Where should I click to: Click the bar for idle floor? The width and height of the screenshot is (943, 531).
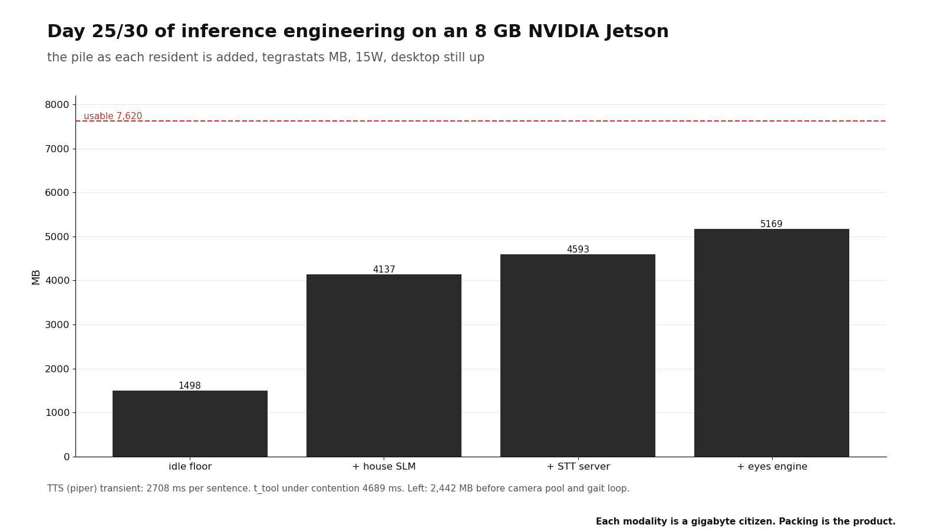(x=190, y=424)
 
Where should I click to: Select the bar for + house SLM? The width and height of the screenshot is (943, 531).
(x=384, y=365)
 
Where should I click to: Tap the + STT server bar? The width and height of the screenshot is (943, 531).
(x=578, y=355)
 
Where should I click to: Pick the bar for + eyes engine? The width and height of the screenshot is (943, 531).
(x=771, y=343)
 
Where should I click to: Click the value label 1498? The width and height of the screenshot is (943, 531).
(x=190, y=386)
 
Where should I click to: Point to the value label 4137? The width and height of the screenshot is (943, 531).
(x=384, y=269)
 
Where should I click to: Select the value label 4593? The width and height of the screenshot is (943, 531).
(x=578, y=249)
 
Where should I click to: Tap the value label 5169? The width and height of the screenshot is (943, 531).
(x=771, y=224)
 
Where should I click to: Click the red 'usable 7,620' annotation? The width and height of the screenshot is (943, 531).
(x=113, y=116)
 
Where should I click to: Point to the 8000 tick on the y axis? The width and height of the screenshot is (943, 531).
(x=57, y=104)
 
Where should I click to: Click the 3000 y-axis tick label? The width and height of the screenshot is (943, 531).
(x=57, y=325)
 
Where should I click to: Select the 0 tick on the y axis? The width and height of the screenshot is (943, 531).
(x=67, y=457)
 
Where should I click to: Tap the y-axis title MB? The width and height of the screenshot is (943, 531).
(x=36, y=277)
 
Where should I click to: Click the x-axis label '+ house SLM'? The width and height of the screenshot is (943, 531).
(x=384, y=467)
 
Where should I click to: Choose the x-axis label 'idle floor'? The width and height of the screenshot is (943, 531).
(x=190, y=467)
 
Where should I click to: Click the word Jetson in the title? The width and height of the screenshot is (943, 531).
(x=637, y=32)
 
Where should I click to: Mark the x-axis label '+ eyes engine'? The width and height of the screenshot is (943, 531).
(x=771, y=467)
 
